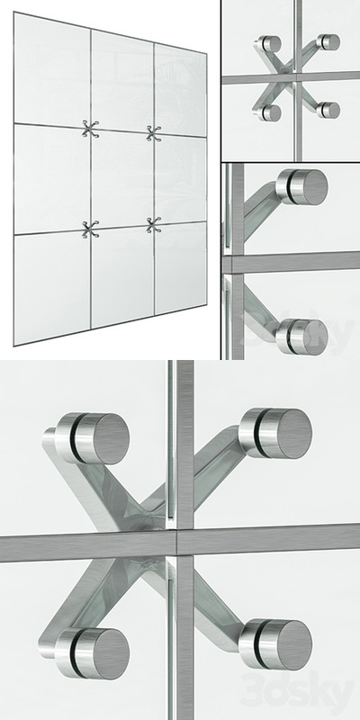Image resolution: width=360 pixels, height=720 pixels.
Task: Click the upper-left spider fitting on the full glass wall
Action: [x=89, y=130]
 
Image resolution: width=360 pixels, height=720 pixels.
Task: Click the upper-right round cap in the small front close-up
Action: [x=330, y=42]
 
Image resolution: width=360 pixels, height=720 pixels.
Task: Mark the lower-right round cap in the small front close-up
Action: [x=329, y=110]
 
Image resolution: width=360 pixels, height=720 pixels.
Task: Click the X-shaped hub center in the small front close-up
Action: [x=297, y=79]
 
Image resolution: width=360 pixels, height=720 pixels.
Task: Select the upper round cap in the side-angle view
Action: [x=302, y=185]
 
